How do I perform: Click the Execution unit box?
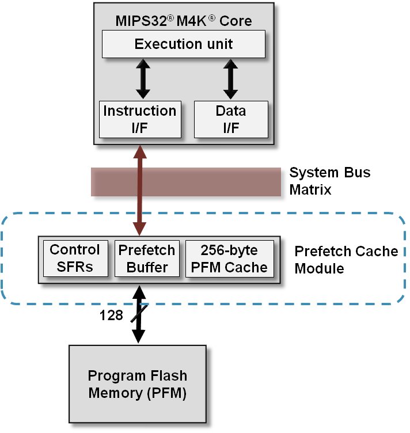point(183,44)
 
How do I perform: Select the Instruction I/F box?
point(139,119)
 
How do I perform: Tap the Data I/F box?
point(230,119)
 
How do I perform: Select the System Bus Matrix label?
point(329,181)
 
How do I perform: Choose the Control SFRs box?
point(75,259)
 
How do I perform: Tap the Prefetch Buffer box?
point(147,259)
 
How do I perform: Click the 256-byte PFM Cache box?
point(229,259)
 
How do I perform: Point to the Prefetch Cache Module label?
point(346,260)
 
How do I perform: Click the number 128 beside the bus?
point(111,315)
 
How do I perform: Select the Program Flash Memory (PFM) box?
point(138,385)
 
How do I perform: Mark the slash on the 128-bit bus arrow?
point(138,314)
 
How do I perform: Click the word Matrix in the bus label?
point(310,189)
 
